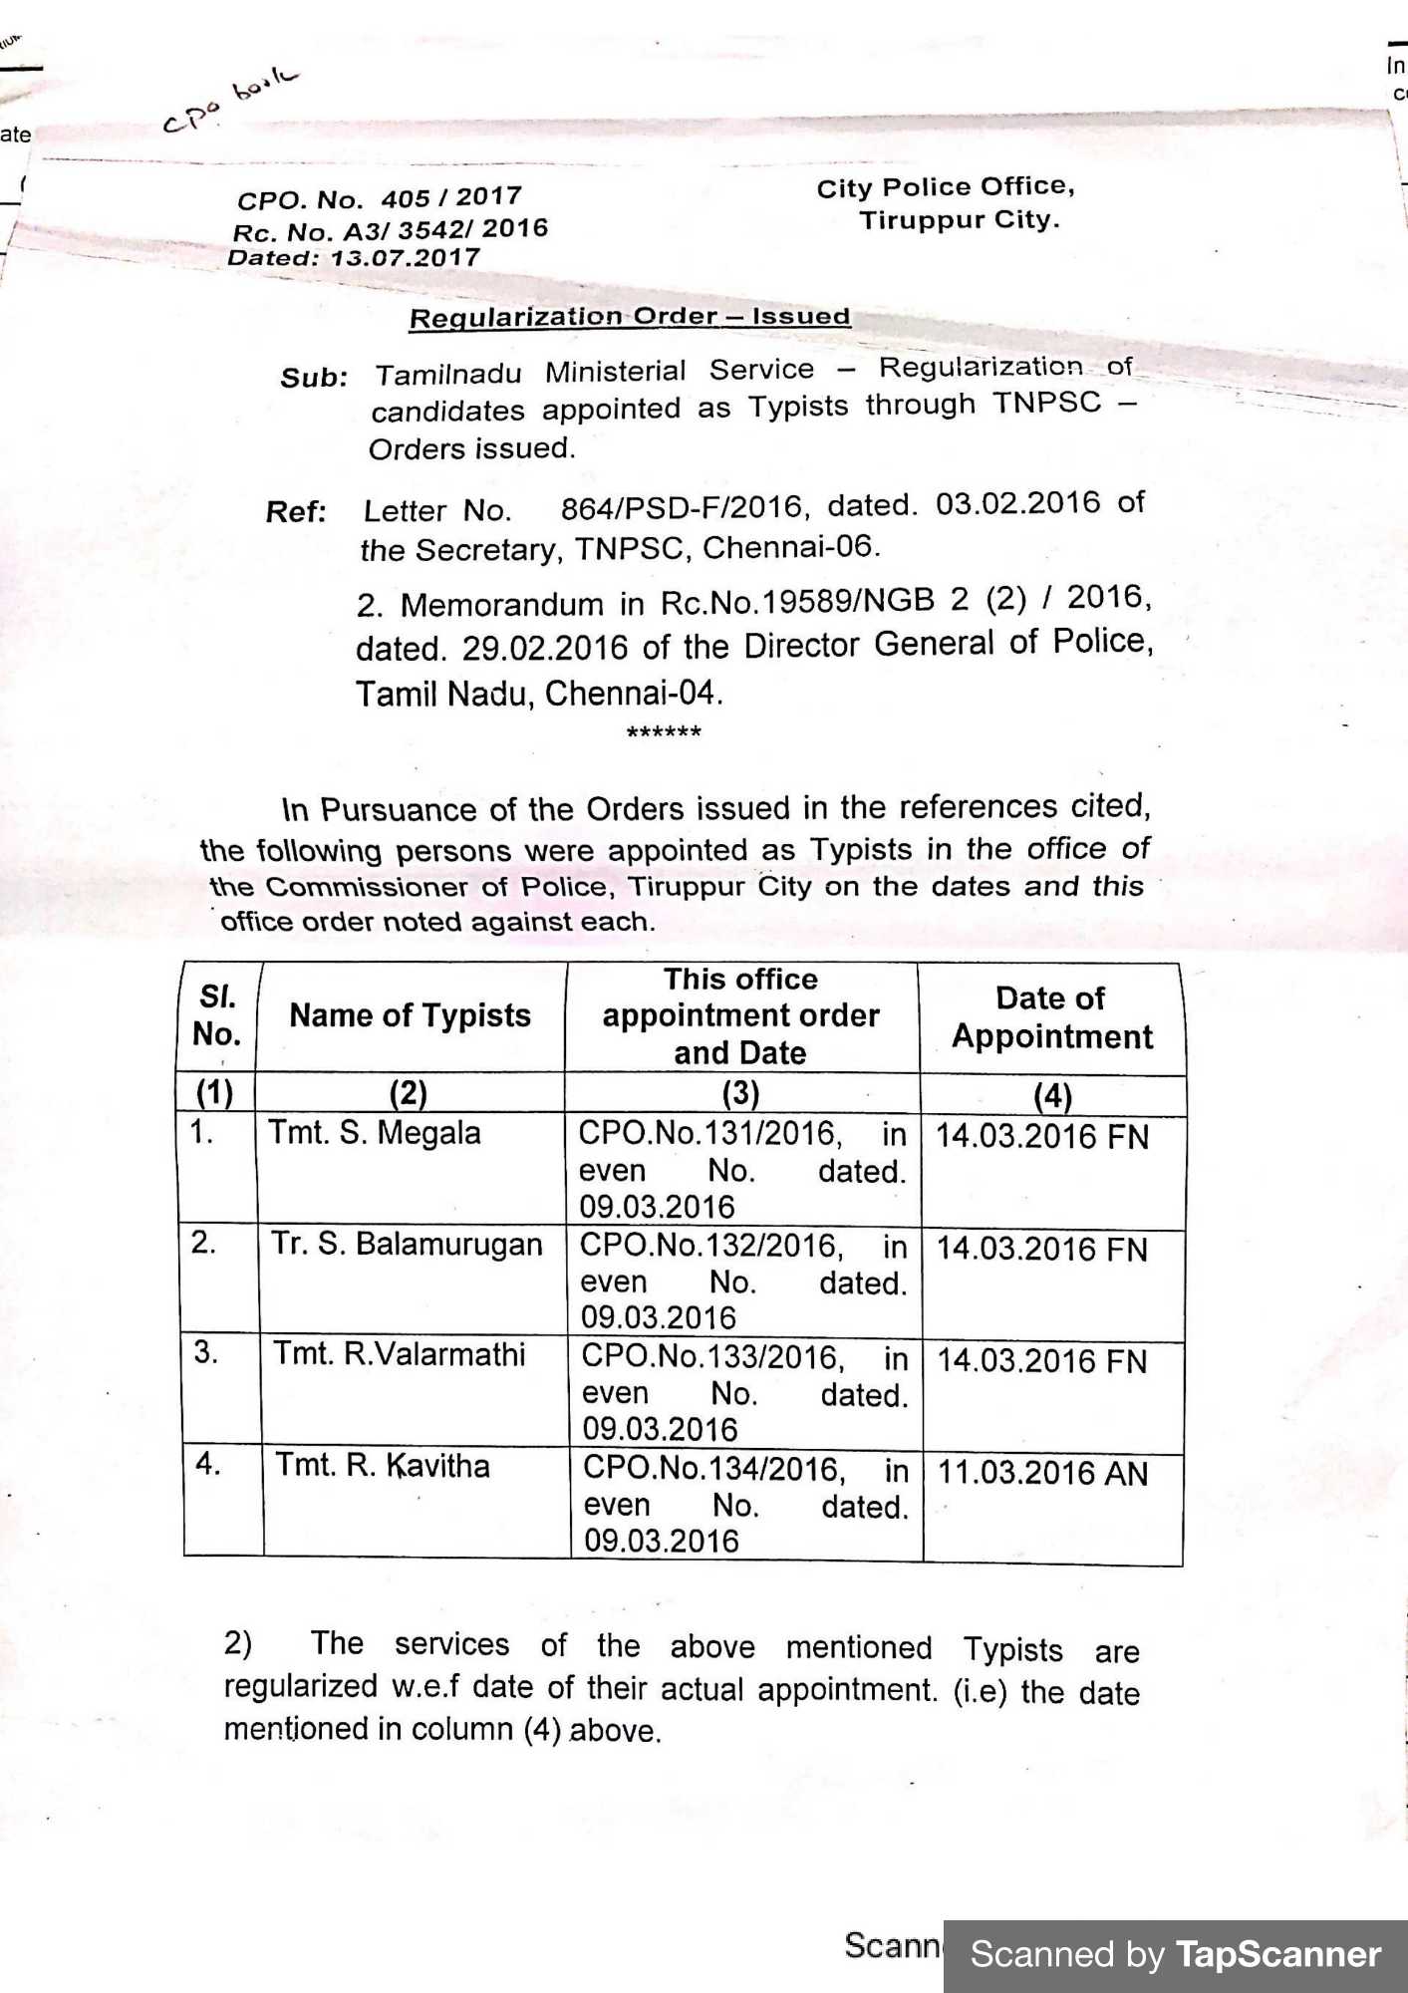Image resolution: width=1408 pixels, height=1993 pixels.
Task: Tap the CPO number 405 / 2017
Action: pyautogui.click(x=450, y=196)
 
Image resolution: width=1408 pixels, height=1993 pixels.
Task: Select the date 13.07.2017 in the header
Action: pyautogui.click(x=405, y=258)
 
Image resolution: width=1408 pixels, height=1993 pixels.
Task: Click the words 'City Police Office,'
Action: pyautogui.click(x=945, y=187)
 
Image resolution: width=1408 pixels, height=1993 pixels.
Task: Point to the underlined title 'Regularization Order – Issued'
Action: pyautogui.click(x=629, y=317)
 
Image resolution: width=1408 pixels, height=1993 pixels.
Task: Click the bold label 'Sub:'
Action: pyautogui.click(x=314, y=378)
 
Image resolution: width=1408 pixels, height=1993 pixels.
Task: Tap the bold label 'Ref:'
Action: pyautogui.click(x=296, y=512)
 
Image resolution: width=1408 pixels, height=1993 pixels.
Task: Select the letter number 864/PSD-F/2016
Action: pyautogui.click(x=681, y=507)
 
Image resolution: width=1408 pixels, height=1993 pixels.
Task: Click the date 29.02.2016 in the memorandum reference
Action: pyautogui.click(x=545, y=648)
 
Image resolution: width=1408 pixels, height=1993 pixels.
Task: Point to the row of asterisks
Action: pyautogui.click(x=664, y=733)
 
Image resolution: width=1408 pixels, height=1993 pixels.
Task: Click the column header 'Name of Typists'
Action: pyautogui.click(x=410, y=1015)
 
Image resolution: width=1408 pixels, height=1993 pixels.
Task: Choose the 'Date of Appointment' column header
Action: pyautogui.click(x=1051, y=1017)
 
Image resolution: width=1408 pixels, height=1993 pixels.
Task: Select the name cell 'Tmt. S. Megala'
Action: pyautogui.click(x=374, y=1133)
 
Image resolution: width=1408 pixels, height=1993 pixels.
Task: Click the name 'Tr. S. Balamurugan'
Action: pyautogui.click(x=407, y=1245)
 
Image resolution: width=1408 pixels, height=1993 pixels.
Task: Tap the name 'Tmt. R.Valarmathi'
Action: pyautogui.click(x=399, y=1354)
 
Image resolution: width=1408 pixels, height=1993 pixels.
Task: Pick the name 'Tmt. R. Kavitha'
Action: pyautogui.click(x=383, y=1466)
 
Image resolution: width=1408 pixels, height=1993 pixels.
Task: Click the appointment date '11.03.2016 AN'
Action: pyautogui.click(x=1042, y=1473)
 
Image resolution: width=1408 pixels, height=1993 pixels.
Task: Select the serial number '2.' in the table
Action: pyautogui.click(x=203, y=1243)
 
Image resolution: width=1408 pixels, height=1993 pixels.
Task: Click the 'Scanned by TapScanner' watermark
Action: pyautogui.click(x=1175, y=1955)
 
